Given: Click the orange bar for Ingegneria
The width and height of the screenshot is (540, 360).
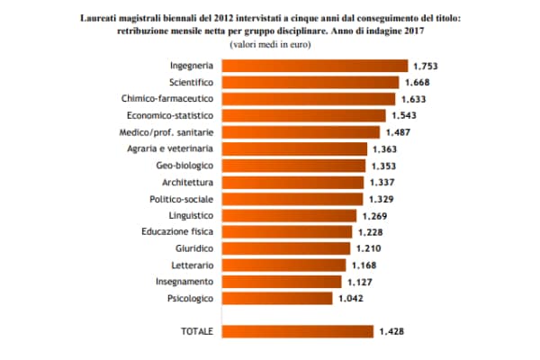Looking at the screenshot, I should pos(314,66).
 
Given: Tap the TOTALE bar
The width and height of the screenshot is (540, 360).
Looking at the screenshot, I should pos(297,331).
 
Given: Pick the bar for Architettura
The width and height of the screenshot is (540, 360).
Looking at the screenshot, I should pos(292,182).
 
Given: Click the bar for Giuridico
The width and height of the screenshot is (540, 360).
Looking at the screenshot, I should pos(286,248).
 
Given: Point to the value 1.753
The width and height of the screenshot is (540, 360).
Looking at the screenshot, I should pos(424,66).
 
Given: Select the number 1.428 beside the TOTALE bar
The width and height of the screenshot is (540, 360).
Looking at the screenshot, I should pos(391,331).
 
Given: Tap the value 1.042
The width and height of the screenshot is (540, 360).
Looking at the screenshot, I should pos(350,298).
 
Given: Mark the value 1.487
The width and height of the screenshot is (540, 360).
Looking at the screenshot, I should pos(397,132).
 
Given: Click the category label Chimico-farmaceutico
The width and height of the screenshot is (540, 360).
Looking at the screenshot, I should pos(167,99).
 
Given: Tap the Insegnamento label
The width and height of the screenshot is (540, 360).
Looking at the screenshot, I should pos(184,282).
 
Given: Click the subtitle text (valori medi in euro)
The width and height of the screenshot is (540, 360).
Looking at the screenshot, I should pos(269,43).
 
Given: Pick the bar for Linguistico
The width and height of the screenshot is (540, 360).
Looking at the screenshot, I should pos(289,215).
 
